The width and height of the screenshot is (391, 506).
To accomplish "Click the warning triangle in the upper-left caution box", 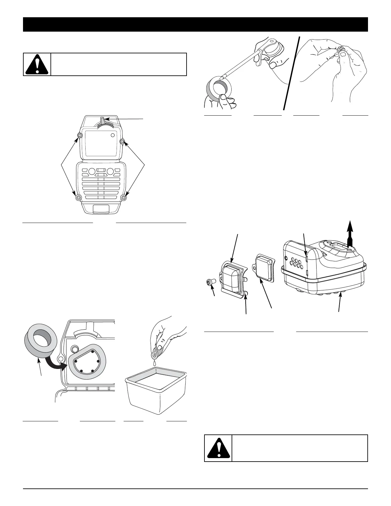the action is pos(37,65).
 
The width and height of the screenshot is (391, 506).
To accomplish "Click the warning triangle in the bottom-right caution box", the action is pos(218,448).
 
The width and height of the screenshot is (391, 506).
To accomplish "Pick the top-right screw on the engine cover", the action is pos(122,141).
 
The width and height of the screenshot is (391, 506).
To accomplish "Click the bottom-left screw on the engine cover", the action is pos(78,198).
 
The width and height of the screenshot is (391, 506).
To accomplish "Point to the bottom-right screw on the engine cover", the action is pos(124,198).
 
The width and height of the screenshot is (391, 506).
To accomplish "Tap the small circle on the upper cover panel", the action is pos(112,135).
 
